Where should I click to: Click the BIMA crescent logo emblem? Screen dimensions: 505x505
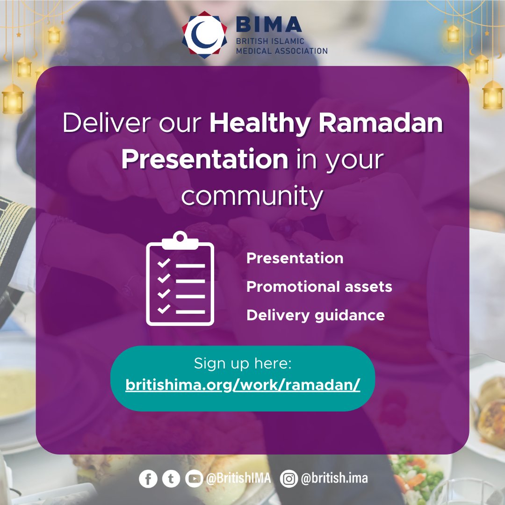[x=204, y=34]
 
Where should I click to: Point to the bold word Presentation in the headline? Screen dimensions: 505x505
[x=205, y=160]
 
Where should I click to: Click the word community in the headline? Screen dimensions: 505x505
[x=252, y=196]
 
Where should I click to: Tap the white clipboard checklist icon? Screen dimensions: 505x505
[x=180, y=279]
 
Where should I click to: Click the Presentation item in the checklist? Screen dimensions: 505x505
[x=295, y=259]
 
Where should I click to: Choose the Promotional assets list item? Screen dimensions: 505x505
[x=319, y=287]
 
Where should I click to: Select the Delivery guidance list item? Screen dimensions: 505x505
[x=315, y=315]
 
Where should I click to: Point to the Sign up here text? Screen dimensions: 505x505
[x=243, y=363]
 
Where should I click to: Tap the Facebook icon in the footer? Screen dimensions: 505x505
[x=148, y=479]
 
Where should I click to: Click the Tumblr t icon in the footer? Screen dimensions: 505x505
[x=171, y=479]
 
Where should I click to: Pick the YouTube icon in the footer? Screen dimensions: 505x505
[x=194, y=479]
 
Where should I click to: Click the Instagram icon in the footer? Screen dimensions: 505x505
[x=289, y=479]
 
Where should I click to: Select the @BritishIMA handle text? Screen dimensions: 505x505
[x=238, y=479]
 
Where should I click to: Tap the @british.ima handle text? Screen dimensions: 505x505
[x=333, y=479]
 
